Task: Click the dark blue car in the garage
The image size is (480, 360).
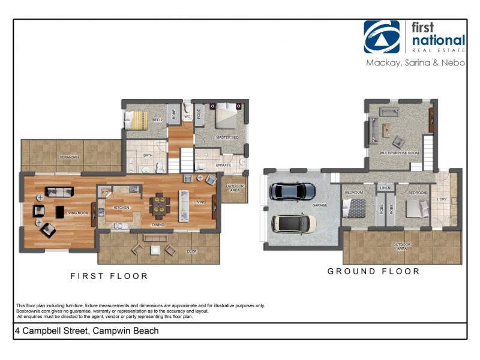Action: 293,191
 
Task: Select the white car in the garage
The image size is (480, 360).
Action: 294,223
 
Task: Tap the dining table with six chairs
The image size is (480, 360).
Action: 160,203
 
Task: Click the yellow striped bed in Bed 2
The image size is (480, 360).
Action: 136,120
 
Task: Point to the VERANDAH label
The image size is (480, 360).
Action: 68,157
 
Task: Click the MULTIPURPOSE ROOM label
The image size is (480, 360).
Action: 399,153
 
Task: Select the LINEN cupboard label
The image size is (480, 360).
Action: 386,188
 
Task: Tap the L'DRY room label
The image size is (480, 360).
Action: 443,199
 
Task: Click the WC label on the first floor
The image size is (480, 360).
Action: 187,117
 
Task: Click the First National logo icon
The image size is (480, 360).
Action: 382,37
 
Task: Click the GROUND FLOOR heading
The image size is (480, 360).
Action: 373,271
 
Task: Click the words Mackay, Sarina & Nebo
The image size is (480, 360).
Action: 415,62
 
